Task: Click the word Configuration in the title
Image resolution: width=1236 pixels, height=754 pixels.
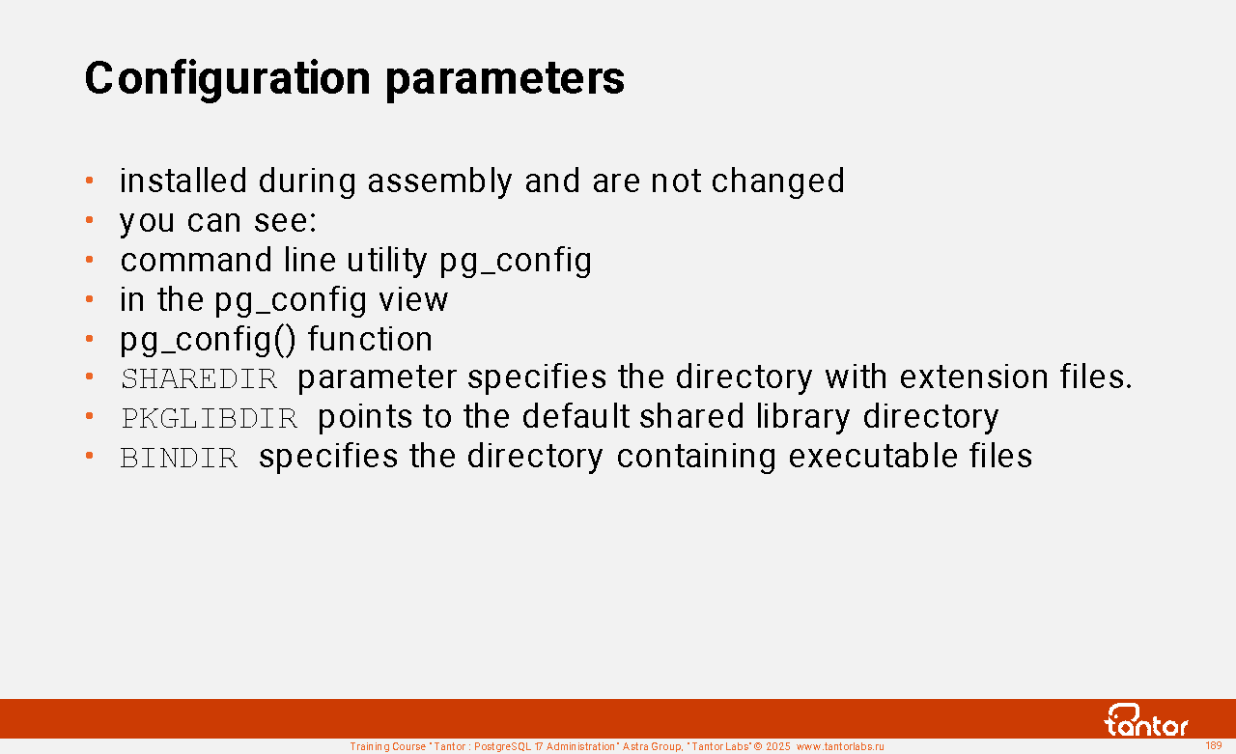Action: pyautogui.click(x=228, y=78)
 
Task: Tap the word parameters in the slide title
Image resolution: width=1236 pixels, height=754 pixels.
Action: pyautogui.click(x=505, y=79)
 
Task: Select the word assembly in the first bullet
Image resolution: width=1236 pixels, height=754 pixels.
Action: pyautogui.click(x=439, y=181)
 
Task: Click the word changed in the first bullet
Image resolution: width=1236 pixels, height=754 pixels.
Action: pyautogui.click(x=778, y=181)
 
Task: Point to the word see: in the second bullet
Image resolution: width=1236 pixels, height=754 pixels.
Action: pyautogui.click(x=285, y=221)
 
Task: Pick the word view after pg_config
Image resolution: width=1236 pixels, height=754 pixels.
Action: pyautogui.click(x=413, y=300)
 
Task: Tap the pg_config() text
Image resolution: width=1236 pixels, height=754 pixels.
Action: pyautogui.click(x=208, y=339)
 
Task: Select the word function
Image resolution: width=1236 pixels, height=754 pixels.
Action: pyautogui.click(x=370, y=338)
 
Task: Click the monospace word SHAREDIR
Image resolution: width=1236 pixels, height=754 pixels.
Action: pyautogui.click(x=199, y=378)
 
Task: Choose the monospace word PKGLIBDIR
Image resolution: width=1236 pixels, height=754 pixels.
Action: pyautogui.click(x=210, y=418)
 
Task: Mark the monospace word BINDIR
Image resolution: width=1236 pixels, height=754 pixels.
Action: pyautogui.click(x=180, y=458)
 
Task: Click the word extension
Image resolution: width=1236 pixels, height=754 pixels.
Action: pyautogui.click(x=973, y=377)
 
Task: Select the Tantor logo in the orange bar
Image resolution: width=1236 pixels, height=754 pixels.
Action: pyautogui.click(x=1145, y=720)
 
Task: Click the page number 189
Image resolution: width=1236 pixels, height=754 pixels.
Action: pyautogui.click(x=1214, y=745)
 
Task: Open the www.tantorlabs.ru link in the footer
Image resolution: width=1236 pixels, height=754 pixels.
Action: pyautogui.click(x=840, y=747)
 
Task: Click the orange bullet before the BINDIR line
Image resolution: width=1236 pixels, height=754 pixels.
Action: pyautogui.click(x=90, y=455)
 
